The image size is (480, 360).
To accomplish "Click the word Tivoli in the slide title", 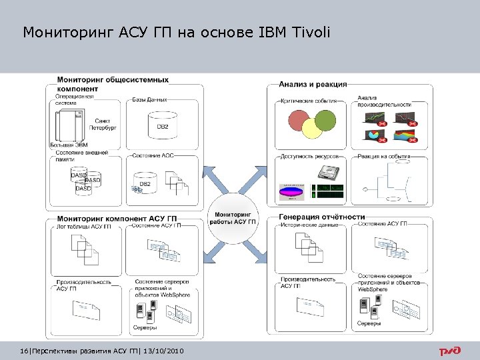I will click(x=309, y=32).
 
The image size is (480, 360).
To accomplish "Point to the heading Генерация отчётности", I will click(x=321, y=217).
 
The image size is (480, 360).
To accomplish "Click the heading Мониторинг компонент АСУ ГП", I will click(x=117, y=219).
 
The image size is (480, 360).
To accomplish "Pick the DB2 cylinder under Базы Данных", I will click(x=162, y=125).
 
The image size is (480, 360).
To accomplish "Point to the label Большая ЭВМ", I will click(x=69, y=145).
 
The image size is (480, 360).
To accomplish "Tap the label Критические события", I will click(x=312, y=101).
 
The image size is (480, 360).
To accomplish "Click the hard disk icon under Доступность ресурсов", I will click(x=326, y=173).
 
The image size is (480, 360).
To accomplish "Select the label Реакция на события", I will click(x=383, y=155).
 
